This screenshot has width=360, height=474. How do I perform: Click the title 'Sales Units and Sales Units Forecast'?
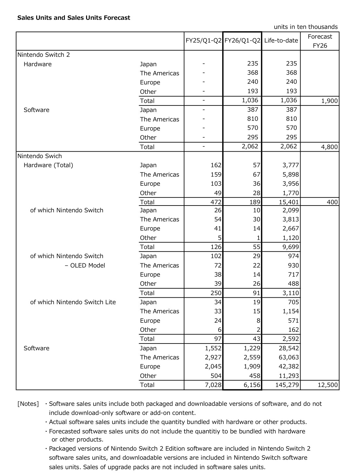(74, 18)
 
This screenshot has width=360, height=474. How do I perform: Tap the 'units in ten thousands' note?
(305, 27)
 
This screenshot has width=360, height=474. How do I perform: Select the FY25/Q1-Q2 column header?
(203, 41)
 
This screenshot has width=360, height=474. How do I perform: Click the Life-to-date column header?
(281, 41)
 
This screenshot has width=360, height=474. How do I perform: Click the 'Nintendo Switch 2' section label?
(44, 55)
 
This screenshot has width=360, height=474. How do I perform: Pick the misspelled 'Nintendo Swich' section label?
(40, 156)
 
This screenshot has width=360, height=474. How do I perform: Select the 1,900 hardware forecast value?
(329, 101)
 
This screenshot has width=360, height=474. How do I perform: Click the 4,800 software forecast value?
(329, 147)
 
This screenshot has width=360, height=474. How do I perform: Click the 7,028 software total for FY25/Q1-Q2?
(213, 385)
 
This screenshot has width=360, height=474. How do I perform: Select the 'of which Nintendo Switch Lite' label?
(73, 302)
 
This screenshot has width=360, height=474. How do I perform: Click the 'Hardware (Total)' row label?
(48, 165)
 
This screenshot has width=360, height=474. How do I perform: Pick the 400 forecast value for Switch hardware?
(332, 202)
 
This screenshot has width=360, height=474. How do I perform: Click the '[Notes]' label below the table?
(28, 404)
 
